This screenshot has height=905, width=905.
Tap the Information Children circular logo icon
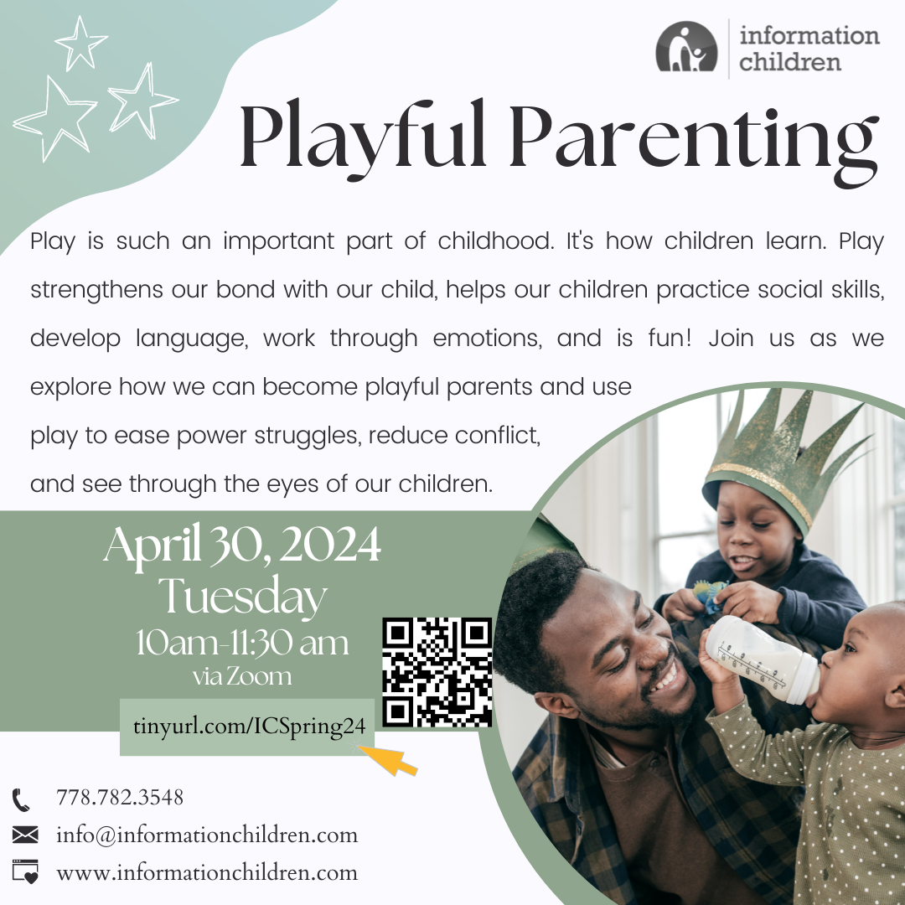(x=686, y=47)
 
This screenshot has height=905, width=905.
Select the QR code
(x=437, y=672)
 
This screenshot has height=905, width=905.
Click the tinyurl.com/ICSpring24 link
(x=249, y=726)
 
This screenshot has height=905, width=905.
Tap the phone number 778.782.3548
(x=120, y=797)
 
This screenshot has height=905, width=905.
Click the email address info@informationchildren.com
(x=207, y=835)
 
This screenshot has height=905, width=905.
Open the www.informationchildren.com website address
(x=207, y=872)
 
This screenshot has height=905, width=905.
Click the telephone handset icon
(x=21, y=800)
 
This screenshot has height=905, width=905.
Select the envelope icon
(x=25, y=835)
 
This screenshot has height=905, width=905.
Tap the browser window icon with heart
(x=25, y=871)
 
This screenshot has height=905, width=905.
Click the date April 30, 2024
(x=242, y=546)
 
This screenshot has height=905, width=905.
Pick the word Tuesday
(x=243, y=597)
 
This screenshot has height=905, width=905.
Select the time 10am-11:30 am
(x=242, y=643)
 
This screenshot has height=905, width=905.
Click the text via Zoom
(x=242, y=676)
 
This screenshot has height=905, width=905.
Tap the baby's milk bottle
(x=762, y=659)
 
